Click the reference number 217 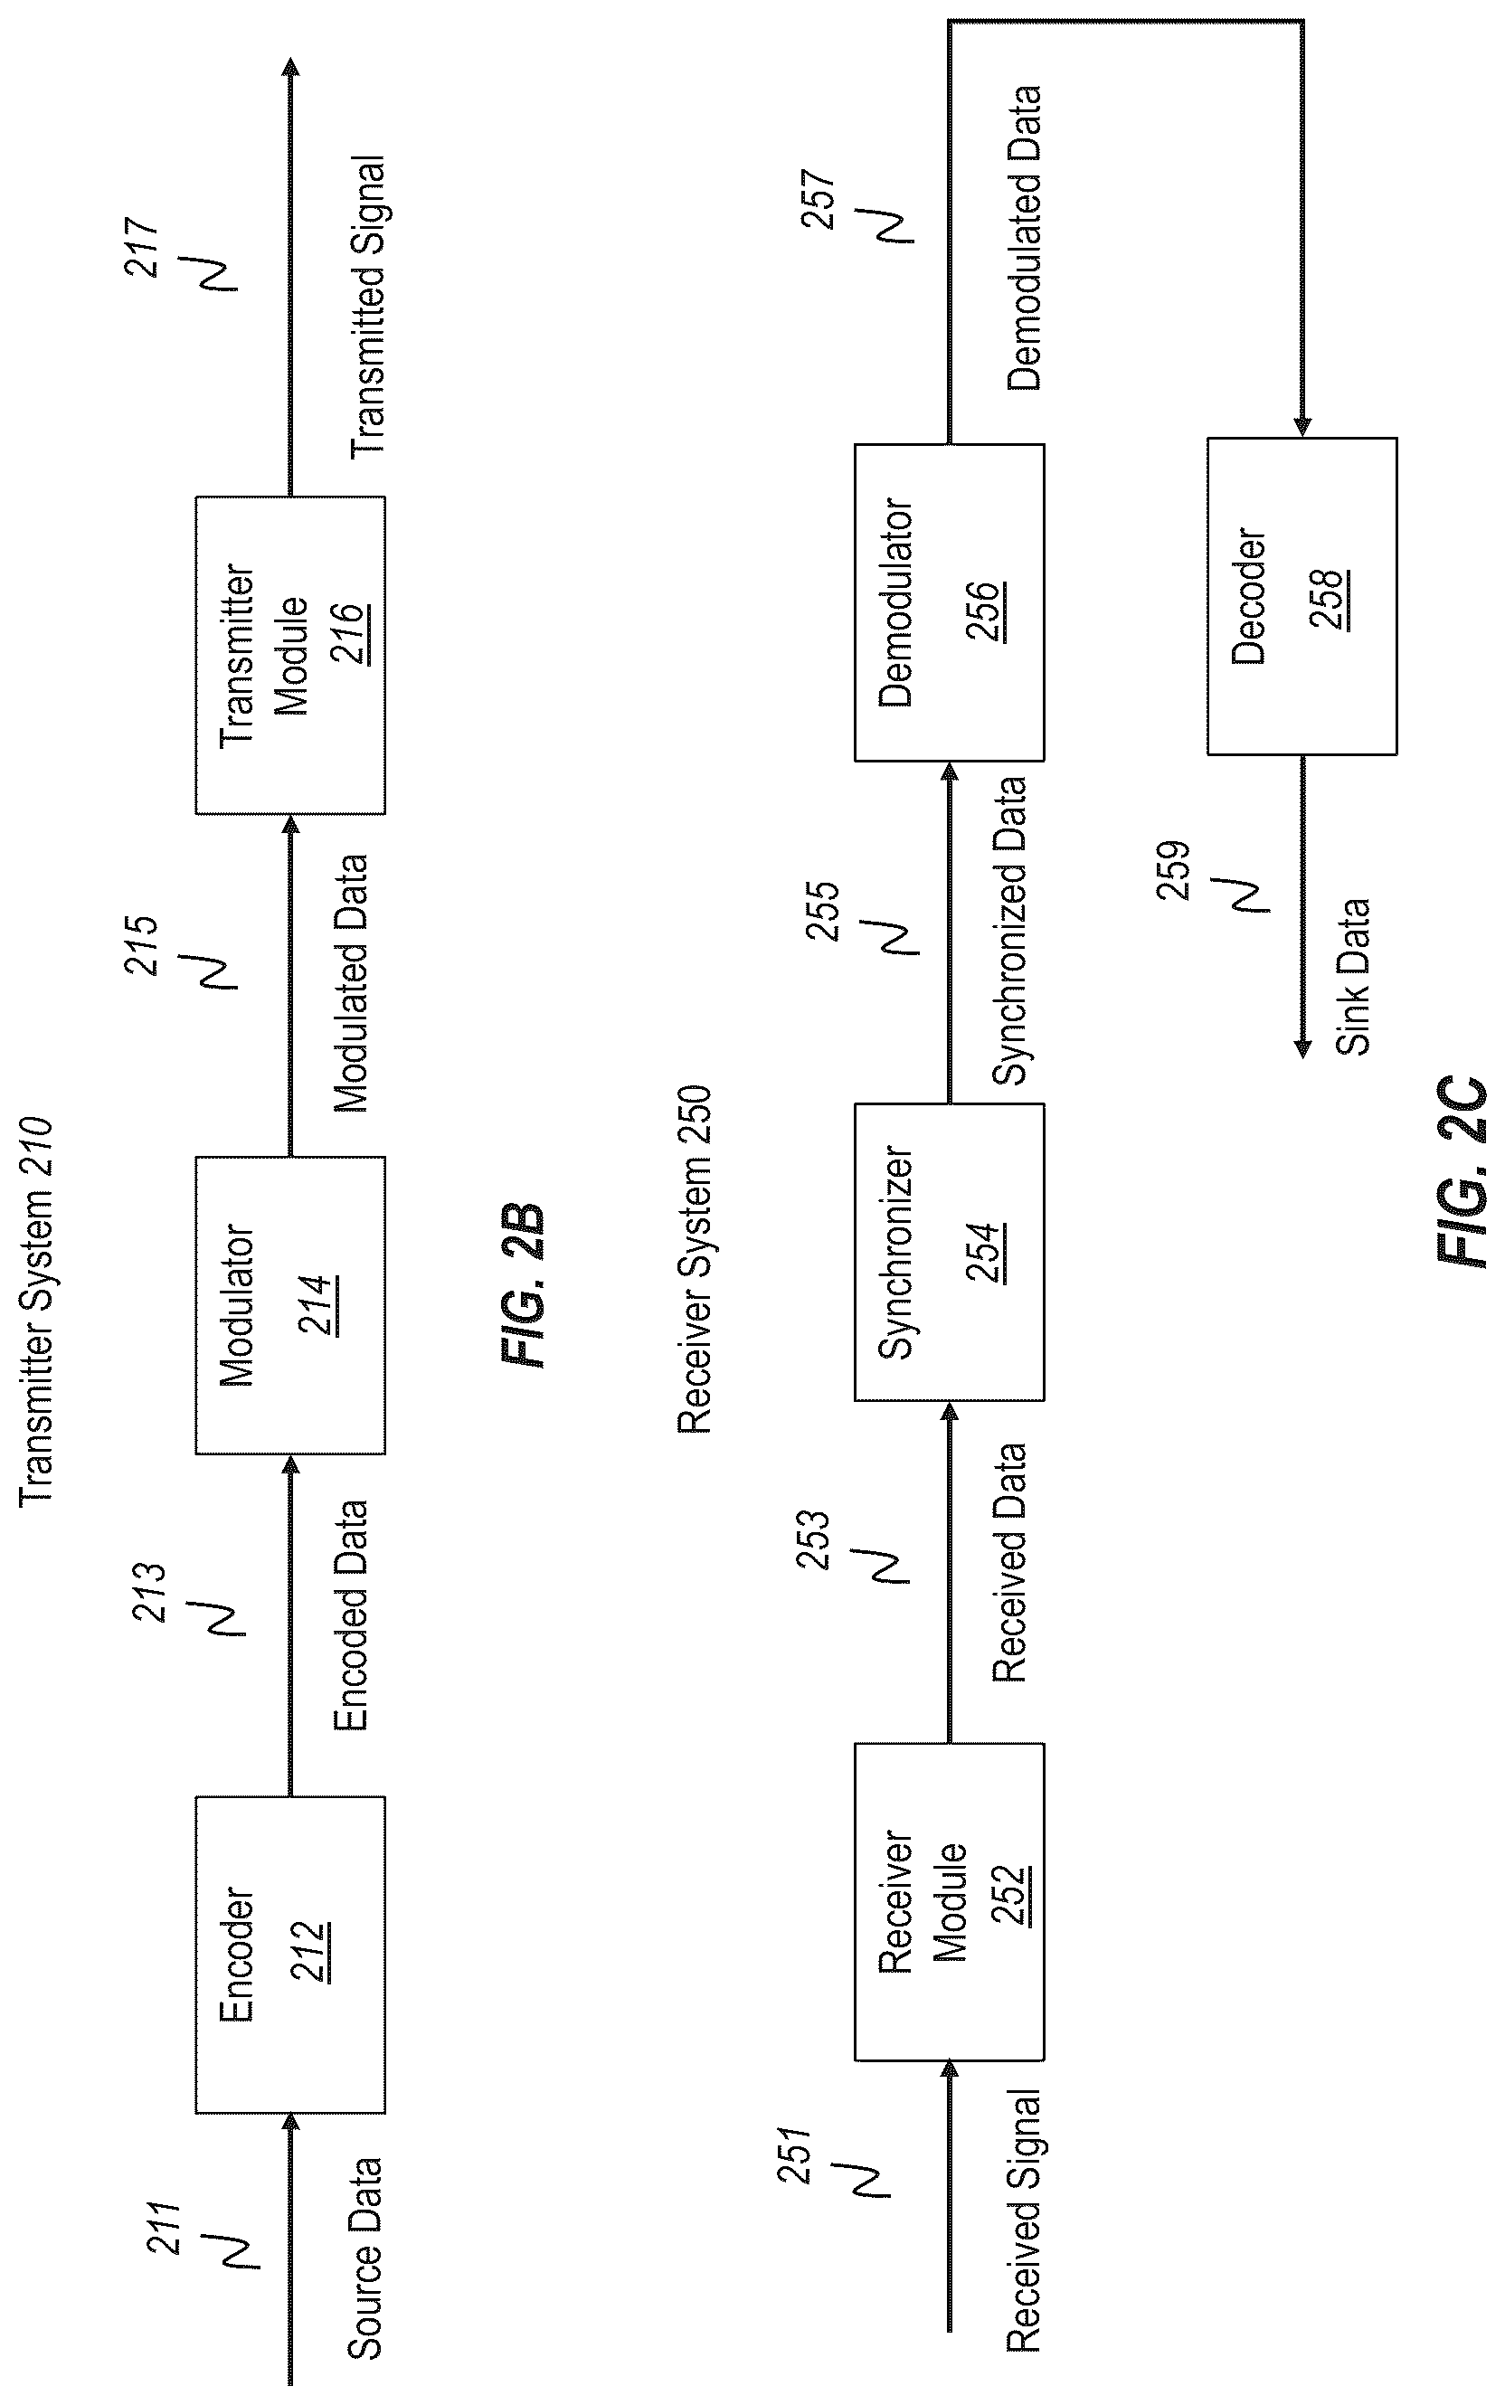pyautogui.click(x=142, y=247)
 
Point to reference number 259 pyautogui.click(x=1175, y=870)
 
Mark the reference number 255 pyautogui.click(x=823, y=910)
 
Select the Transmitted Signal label pyautogui.click(x=367, y=307)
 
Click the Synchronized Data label pyautogui.click(x=1009, y=930)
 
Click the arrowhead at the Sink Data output pyautogui.click(x=1301, y=1048)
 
